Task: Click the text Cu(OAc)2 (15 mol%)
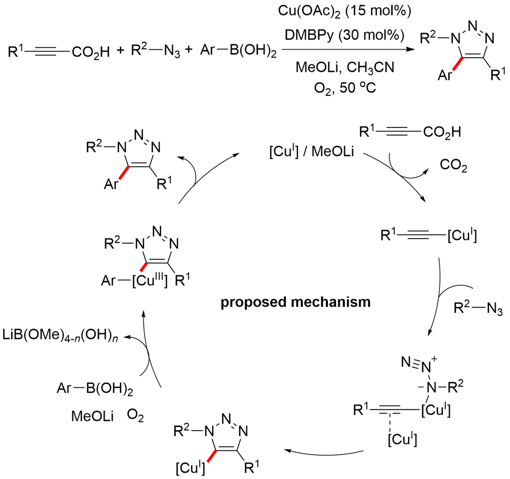[337, 11]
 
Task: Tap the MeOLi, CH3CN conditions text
[338, 66]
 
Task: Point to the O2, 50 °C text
[338, 87]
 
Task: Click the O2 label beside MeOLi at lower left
[136, 416]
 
